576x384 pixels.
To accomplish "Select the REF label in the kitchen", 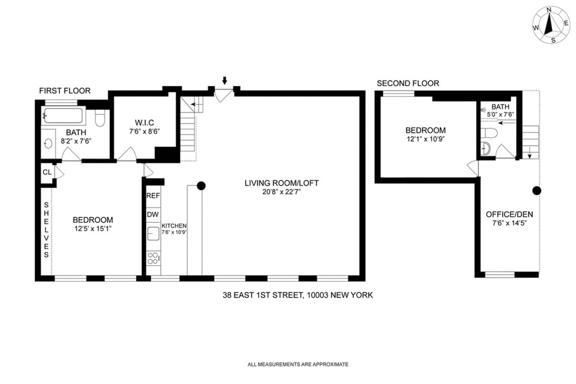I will pyautogui.click(x=153, y=196).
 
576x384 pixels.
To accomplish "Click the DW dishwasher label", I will pyautogui.click(x=153, y=215).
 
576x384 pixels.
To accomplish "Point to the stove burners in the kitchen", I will pyautogui.click(x=153, y=258).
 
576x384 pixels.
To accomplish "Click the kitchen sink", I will pyautogui.click(x=153, y=234).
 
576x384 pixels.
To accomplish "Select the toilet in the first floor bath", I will pyautogui.click(x=100, y=118).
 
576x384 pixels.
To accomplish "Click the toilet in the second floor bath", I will pyautogui.click(x=488, y=132).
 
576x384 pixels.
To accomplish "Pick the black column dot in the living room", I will pyautogui.click(x=202, y=185).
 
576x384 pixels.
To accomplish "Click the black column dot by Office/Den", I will pyautogui.click(x=537, y=191).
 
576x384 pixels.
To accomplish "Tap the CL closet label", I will pyautogui.click(x=47, y=172).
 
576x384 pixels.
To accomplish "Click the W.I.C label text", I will pyautogui.click(x=144, y=122).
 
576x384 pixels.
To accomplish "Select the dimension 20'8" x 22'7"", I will pyautogui.click(x=281, y=192).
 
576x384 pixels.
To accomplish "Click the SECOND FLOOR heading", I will pyautogui.click(x=408, y=84).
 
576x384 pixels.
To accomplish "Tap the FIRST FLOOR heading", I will pyautogui.click(x=64, y=91).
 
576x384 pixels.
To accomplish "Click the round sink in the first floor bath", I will pyautogui.click(x=48, y=144).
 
